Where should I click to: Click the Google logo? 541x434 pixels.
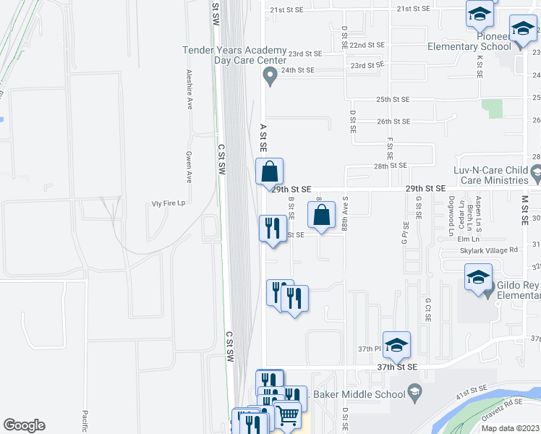24,425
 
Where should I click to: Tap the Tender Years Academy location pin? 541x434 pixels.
270,75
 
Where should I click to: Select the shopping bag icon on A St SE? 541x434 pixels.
269,172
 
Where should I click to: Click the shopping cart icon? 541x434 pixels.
288,414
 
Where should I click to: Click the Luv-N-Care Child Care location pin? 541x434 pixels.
536,173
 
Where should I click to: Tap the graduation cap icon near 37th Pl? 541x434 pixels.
396,346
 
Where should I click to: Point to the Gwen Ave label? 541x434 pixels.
188,167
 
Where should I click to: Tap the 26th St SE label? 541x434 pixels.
393,122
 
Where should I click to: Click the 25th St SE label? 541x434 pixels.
393,99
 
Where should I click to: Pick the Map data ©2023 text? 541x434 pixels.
510,428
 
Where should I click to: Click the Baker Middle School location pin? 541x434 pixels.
414,394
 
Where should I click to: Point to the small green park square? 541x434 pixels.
495,109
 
